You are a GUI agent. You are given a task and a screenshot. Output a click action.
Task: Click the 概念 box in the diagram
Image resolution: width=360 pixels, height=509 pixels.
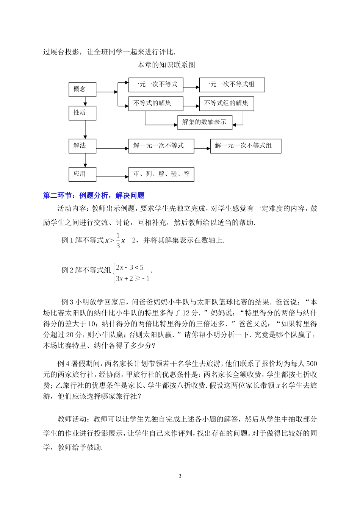(82, 89)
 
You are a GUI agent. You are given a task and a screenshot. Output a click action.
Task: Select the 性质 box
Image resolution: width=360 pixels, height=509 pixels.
(82, 113)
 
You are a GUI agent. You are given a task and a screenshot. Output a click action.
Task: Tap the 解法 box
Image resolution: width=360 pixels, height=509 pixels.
(82, 146)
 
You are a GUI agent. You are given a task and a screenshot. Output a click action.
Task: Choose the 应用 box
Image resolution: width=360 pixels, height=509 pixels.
(82, 174)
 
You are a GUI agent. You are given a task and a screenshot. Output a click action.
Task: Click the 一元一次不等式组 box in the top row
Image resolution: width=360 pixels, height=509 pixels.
(232, 85)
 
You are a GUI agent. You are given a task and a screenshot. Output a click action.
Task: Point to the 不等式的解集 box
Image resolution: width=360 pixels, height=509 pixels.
(155, 103)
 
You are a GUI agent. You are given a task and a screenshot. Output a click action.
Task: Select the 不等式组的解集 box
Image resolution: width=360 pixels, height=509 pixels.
(226, 103)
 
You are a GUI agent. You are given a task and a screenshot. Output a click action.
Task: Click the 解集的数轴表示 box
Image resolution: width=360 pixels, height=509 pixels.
(205, 122)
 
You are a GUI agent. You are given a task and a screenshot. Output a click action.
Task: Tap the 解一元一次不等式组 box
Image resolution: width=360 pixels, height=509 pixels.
(246, 146)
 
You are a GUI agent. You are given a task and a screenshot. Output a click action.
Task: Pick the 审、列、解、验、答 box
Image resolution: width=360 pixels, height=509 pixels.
(161, 174)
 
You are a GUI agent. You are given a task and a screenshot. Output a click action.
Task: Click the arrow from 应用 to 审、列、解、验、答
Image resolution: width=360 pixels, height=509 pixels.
(113, 176)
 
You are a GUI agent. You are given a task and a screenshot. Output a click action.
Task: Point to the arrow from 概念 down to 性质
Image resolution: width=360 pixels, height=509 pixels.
(85, 101)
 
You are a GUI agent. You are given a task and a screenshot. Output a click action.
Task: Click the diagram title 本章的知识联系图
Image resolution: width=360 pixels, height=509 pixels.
(166, 65)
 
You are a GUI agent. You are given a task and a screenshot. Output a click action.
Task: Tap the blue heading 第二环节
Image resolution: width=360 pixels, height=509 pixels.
(94, 196)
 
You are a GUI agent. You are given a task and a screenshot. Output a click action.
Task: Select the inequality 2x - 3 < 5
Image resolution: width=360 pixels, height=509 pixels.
(130, 268)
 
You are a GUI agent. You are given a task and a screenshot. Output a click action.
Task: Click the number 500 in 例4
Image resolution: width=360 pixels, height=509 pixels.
(311, 364)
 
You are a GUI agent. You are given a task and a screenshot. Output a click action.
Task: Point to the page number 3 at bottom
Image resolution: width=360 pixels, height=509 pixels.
(180, 476)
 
